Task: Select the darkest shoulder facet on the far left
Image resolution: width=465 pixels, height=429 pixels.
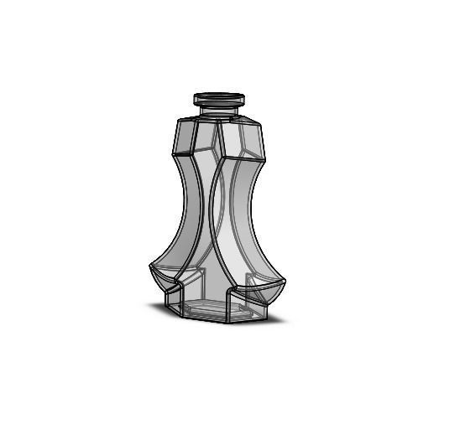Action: pyautogui.click(x=184, y=137)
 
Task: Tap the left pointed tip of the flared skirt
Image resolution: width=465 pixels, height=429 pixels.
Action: pyautogui.click(x=150, y=267)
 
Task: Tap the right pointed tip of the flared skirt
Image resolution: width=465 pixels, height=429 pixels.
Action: pyautogui.click(x=285, y=283)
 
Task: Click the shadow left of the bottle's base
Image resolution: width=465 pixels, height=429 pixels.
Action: pyautogui.click(x=159, y=307)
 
